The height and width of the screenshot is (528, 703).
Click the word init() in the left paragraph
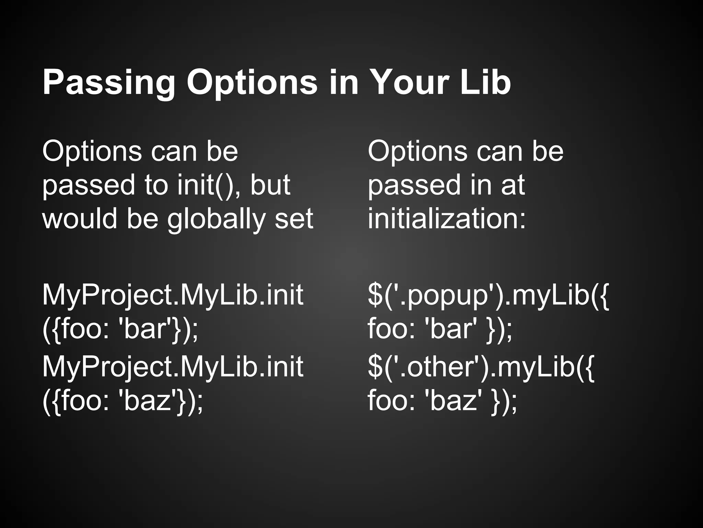(206, 185)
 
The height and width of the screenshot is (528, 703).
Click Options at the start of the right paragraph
(417, 152)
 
